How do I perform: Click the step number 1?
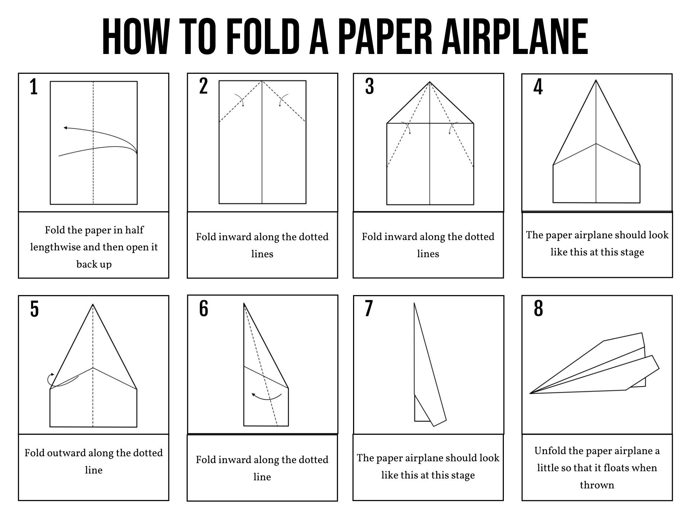coord(34,87)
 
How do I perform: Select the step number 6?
coord(203,309)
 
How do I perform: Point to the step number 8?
coord(538,309)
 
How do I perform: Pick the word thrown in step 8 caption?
coord(597,485)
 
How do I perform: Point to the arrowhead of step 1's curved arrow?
coord(65,128)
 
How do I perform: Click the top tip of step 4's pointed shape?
coord(596,81)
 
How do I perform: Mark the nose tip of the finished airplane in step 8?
coord(531,393)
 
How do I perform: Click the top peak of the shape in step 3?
coord(430,82)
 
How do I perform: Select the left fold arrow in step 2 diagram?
coord(239,100)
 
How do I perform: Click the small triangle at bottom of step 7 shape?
coord(420,412)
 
